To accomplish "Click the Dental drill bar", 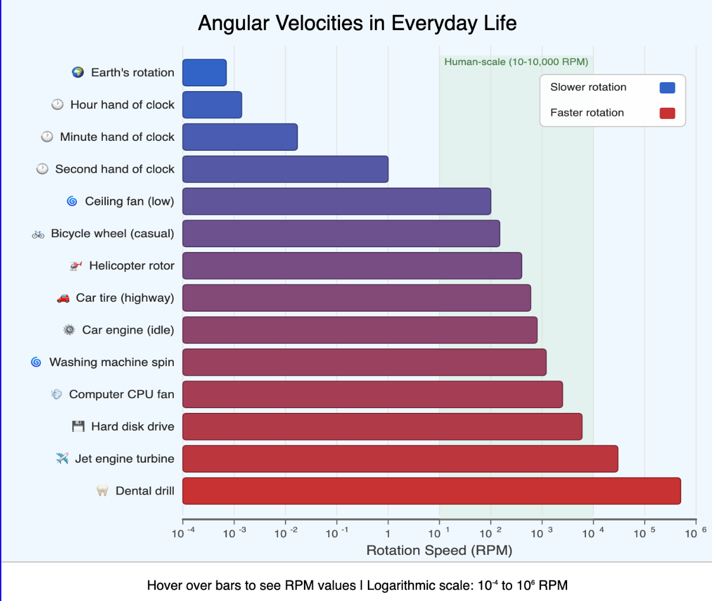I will [x=431, y=491].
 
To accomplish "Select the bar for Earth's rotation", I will [x=204, y=73].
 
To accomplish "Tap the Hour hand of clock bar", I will [x=212, y=105].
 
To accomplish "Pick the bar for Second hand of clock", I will [x=285, y=169].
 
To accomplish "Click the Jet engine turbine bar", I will [x=400, y=459].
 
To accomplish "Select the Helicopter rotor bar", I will [x=352, y=266].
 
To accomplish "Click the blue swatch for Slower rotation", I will [x=667, y=88].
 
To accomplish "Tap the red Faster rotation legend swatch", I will [x=667, y=113].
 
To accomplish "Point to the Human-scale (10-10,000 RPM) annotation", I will [x=516, y=62].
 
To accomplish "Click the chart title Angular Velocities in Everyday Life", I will [x=357, y=23].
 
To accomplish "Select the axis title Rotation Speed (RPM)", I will [x=439, y=551].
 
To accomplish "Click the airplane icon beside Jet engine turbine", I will [x=62, y=458].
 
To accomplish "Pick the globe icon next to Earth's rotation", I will [x=77, y=72].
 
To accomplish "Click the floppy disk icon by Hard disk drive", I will [x=78, y=426].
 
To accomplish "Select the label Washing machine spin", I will [x=112, y=362].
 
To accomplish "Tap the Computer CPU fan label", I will [x=121, y=395].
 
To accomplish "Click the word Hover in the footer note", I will [x=163, y=586].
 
